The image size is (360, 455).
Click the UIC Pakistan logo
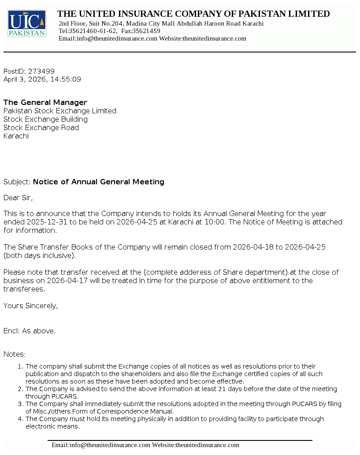26,23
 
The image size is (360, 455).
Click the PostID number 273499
41,71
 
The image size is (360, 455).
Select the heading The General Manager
45,102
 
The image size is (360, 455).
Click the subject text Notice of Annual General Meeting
99,182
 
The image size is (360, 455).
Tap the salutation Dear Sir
18,198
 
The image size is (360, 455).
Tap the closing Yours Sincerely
30,306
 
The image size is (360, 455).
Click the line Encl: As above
30,331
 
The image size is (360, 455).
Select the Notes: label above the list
15,354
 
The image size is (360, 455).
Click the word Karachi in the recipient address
16,136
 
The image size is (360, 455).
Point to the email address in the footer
101,445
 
